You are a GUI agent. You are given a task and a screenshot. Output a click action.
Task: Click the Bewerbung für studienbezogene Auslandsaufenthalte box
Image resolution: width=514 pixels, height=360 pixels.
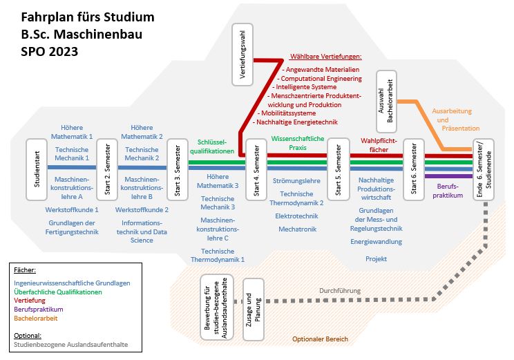pos(217,307)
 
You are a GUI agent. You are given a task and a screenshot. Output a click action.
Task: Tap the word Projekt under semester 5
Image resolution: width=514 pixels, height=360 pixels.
pos(376,258)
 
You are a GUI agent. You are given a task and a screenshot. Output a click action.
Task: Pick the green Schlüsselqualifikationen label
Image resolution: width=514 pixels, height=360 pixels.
pos(216,145)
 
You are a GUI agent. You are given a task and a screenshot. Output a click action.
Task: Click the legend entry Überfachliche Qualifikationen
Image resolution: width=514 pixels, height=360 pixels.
pos(58,292)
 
